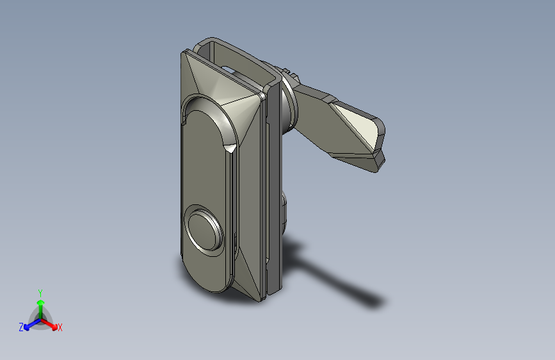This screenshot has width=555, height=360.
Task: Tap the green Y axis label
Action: pyautogui.click(x=40, y=292)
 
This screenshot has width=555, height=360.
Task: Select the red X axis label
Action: pyautogui.click(x=60, y=328)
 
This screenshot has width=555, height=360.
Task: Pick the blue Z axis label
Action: pyautogui.click(x=21, y=327)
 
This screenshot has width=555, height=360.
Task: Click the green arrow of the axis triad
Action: pyautogui.click(x=40, y=305)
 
